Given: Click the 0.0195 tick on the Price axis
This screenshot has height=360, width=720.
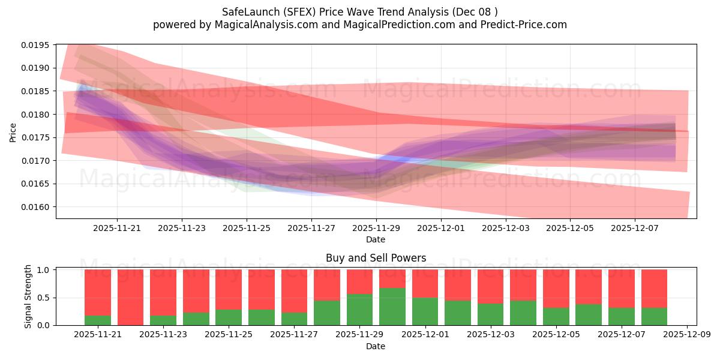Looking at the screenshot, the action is click(x=35, y=45).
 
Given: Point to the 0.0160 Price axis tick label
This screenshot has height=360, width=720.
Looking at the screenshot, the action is click(x=35, y=207).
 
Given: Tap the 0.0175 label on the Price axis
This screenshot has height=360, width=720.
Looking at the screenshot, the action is click(x=35, y=137).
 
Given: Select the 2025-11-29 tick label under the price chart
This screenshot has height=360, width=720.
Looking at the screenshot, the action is click(x=376, y=228).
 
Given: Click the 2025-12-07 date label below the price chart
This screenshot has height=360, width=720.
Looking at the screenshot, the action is click(x=635, y=228).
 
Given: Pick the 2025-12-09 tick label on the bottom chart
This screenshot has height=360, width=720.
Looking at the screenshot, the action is click(x=687, y=335).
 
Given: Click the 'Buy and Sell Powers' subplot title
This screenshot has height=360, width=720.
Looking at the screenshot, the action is click(x=376, y=258).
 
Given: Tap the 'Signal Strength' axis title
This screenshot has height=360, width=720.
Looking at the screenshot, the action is click(x=28, y=296).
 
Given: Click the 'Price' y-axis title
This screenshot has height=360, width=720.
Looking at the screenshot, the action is click(x=13, y=133).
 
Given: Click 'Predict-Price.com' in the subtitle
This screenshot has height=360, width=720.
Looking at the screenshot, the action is click(x=524, y=25).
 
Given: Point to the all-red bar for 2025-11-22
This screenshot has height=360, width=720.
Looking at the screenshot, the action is click(x=131, y=298).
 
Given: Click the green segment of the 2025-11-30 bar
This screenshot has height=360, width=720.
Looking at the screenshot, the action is click(x=392, y=307).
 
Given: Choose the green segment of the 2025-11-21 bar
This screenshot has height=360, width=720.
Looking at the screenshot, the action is click(x=98, y=320).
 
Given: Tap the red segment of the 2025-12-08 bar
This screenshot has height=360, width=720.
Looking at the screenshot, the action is click(x=654, y=289).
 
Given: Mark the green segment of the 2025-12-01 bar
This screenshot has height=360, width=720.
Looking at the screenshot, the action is click(x=425, y=311).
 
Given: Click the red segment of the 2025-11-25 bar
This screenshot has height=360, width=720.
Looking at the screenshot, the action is click(x=229, y=290).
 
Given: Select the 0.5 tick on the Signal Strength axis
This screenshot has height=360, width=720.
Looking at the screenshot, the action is click(x=43, y=298).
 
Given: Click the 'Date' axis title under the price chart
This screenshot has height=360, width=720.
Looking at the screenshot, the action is click(x=376, y=239).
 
